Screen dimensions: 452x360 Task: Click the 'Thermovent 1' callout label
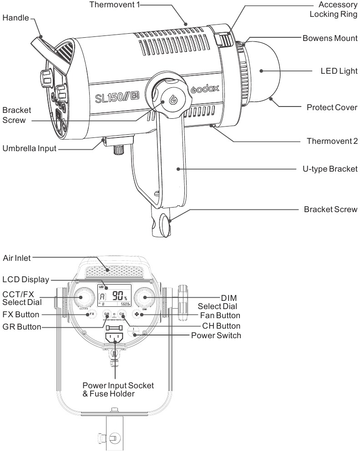(x=114, y=5)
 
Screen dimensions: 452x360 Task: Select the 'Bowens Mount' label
(x=330, y=38)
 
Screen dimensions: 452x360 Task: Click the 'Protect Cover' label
(x=332, y=107)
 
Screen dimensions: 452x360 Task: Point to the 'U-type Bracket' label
(x=330, y=169)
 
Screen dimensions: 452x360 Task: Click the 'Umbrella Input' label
(x=30, y=149)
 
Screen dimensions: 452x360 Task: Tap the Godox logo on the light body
(x=205, y=90)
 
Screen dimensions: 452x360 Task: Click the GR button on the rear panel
(x=106, y=314)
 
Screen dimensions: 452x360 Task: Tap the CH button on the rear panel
(x=122, y=314)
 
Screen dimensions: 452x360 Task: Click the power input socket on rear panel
(x=114, y=337)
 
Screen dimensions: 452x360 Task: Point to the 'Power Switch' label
(x=216, y=335)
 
